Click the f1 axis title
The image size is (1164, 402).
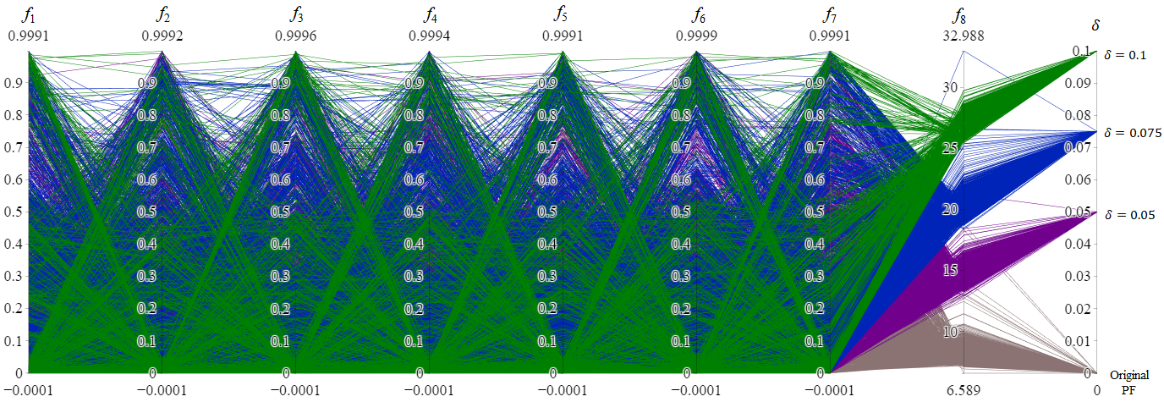(x=28, y=14)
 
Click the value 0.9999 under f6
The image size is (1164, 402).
(x=696, y=36)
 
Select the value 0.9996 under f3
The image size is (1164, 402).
(x=296, y=36)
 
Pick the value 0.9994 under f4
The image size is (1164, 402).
(x=430, y=36)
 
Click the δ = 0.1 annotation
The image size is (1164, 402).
(x=1125, y=55)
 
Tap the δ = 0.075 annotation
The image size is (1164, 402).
(x=1130, y=133)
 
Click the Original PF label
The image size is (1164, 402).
(x=1130, y=382)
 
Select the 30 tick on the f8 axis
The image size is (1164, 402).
(x=950, y=87)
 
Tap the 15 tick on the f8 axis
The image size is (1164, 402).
(x=950, y=271)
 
